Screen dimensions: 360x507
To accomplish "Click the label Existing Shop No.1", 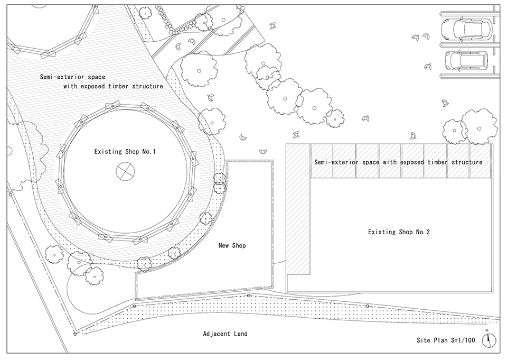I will (125, 152).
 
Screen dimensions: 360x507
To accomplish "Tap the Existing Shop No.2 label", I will (399, 232).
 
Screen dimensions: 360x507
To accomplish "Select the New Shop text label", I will (232, 246).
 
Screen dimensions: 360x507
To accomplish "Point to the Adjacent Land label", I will (225, 334).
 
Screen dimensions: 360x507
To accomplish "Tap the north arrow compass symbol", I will (490, 338).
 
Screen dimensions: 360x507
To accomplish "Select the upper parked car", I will (467, 31).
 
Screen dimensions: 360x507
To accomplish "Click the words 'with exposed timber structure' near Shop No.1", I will (113, 86).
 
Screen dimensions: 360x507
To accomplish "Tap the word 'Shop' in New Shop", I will (239, 246).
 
